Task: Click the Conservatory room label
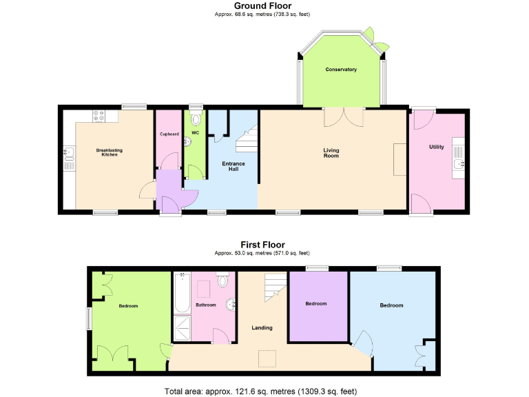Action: (x=341, y=70)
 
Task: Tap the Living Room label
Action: (x=331, y=153)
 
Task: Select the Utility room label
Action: (x=436, y=147)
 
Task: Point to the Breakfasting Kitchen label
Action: (x=107, y=152)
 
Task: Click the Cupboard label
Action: (x=169, y=134)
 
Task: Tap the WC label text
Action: (x=195, y=132)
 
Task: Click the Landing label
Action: (x=262, y=327)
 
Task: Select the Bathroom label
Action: (x=206, y=305)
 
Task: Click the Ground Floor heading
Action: (x=264, y=6)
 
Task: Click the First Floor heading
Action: (x=262, y=244)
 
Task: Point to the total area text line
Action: (x=261, y=391)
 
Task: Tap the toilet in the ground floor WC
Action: (x=195, y=118)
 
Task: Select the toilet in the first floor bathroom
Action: (x=222, y=281)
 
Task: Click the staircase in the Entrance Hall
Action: (x=247, y=141)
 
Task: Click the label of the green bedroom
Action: (x=128, y=305)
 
